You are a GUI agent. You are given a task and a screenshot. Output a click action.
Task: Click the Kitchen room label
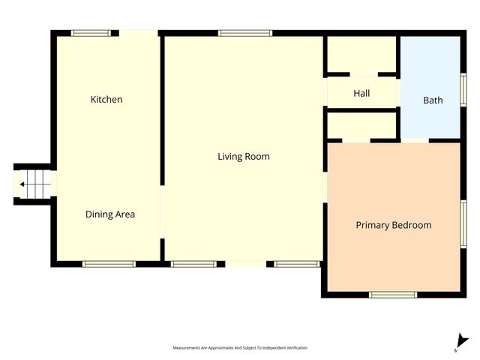[106, 100]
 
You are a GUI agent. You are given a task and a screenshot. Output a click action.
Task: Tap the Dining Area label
[110, 214]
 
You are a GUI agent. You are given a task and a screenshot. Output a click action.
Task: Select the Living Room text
[244, 157]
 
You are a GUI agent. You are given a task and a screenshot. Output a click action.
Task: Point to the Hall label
[361, 94]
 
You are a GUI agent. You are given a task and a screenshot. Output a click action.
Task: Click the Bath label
[433, 100]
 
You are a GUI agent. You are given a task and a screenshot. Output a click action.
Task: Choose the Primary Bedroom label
[393, 225]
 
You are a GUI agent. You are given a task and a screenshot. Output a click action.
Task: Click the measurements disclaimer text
[240, 348]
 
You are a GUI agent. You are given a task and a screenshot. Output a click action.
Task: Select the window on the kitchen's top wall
[91, 33]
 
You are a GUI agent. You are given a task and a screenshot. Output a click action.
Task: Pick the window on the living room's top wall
[245, 33]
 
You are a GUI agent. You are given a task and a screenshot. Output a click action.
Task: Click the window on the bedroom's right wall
[463, 222]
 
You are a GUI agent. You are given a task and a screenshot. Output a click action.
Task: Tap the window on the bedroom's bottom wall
[393, 294]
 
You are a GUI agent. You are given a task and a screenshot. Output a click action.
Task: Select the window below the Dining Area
[109, 264]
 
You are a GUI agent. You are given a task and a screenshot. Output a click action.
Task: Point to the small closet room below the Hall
[361, 124]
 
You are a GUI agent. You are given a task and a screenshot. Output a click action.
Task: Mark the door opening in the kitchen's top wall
[139, 33]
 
